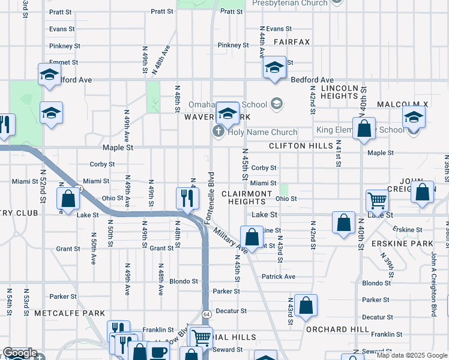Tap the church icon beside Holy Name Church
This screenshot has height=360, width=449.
tap(219, 131)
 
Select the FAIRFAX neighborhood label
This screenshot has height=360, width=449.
tap(292, 42)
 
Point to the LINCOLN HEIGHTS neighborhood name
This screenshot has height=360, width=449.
tap(340, 92)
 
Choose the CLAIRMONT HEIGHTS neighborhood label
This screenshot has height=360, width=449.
tap(247, 197)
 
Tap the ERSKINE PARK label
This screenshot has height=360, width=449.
tap(411, 244)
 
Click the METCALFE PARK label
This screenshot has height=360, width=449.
tap(70, 313)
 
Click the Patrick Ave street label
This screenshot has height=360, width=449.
tap(279, 277)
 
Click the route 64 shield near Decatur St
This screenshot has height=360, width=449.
tap(206, 314)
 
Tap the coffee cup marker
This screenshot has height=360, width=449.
tap(159, 352)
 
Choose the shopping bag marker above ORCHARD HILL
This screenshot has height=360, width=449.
tap(306, 305)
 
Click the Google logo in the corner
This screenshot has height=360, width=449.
tap(20, 353)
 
